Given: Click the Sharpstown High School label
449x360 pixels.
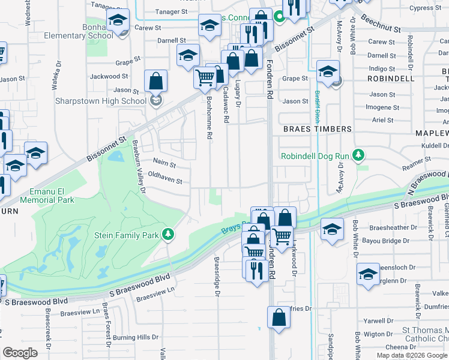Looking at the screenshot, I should click(x=101, y=101).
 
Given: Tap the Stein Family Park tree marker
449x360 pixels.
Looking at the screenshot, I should click(x=169, y=234).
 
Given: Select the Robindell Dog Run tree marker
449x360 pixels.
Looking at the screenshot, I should click(x=359, y=156).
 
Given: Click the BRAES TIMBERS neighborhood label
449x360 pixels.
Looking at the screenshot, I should click(x=317, y=129).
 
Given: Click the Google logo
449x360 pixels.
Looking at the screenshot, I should click(x=20, y=353).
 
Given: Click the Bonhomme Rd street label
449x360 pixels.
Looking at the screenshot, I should click(x=209, y=118).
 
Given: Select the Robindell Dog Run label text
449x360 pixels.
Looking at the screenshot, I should click(x=315, y=156).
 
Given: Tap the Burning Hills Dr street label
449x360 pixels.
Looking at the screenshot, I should click(x=133, y=338).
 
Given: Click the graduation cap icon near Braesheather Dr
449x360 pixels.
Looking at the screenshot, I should click(x=333, y=229).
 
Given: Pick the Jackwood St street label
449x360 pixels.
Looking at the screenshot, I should click(x=109, y=77).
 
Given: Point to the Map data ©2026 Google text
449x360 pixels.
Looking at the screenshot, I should click(x=412, y=355).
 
